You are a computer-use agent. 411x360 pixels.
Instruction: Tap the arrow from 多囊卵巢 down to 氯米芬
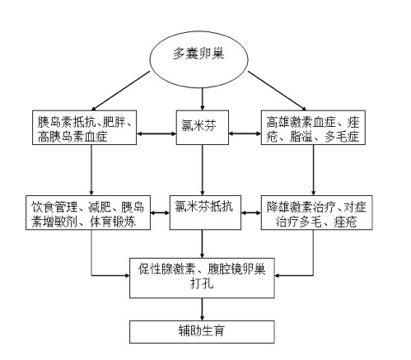203,100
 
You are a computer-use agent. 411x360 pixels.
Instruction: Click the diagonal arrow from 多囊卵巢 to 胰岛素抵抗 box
120,91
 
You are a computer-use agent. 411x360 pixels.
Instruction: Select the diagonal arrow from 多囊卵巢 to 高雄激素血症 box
278,91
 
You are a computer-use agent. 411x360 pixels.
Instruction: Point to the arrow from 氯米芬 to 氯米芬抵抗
203,170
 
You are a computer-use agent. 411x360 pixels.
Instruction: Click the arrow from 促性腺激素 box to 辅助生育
203,309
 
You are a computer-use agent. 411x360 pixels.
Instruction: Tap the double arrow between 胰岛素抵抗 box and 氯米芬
156,133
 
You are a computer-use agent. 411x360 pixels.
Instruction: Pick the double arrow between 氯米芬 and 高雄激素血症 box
245,133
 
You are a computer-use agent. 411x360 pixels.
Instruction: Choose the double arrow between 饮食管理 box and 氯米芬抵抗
160,213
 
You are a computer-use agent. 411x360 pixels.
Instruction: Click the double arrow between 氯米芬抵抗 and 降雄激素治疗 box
251,213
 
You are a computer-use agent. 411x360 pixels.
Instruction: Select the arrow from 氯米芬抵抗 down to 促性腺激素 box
203,244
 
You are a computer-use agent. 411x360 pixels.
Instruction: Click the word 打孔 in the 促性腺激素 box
202,283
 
